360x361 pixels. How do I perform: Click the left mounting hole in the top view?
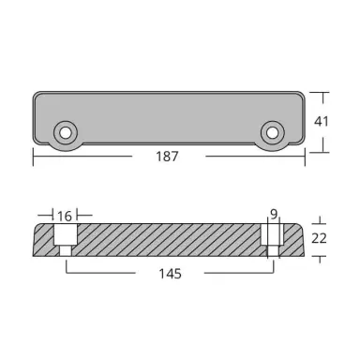[x=67, y=132]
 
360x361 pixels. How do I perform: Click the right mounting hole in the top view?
[x=273, y=132]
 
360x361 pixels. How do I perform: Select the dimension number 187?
[x=170, y=158]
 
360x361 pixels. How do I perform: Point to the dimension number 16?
[x=64, y=216]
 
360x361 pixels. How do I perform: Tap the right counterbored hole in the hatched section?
[x=271, y=241]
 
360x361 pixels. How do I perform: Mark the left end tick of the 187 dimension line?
[x=34, y=157]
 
